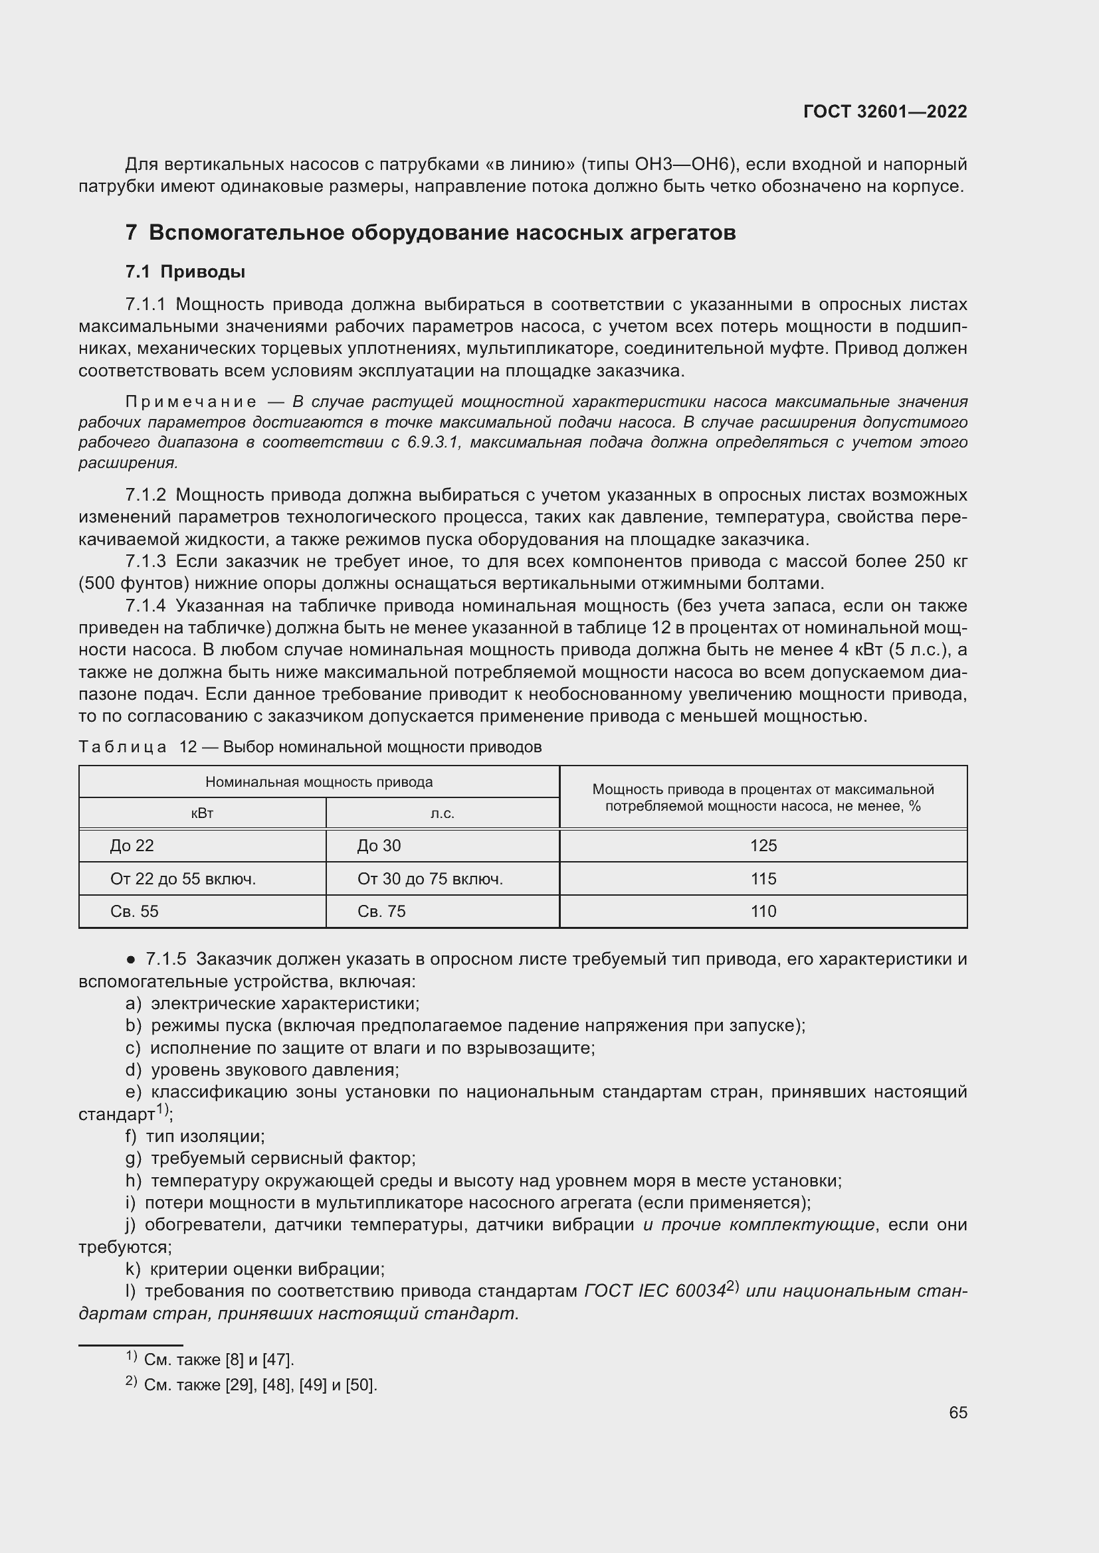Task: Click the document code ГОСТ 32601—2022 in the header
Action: pos(884,112)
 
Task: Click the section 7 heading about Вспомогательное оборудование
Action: pos(431,232)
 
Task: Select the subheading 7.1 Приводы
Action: pos(185,272)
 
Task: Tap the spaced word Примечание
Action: pos(191,402)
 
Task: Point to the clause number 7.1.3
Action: pos(146,562)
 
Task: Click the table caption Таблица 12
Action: pos(138,747)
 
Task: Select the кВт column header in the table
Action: pos(203,813)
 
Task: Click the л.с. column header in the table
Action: pos(443,813)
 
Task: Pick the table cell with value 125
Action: pos(763,845)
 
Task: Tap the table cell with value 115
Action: pos(763,878)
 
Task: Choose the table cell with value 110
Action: pos(763,911)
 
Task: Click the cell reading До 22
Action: pos(132,845)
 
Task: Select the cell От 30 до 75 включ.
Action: pos(430,878)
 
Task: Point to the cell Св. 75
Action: pos(381,911)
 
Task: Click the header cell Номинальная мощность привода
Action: pos(319,782)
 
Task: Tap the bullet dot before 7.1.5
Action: pos(132,960)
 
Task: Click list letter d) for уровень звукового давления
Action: pos(134,1070)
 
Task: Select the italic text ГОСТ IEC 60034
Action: pos(654,1291)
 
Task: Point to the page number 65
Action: pos(957,1412)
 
